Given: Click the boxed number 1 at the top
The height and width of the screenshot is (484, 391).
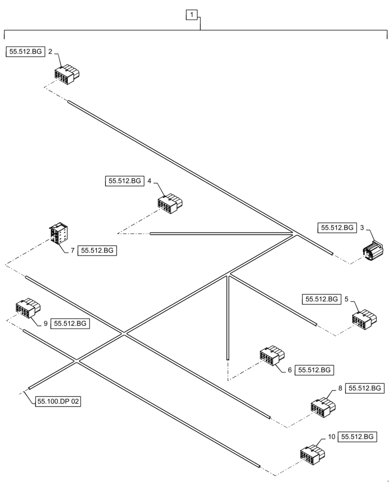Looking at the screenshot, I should coord(192,15).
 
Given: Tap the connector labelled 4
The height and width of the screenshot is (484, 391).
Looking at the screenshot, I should coord(169,203).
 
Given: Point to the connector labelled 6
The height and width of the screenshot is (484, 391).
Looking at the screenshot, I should coord(271,355).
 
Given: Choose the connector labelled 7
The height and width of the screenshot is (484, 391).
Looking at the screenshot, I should coord(59,235).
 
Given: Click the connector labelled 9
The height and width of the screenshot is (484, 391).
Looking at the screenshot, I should coord(28,308).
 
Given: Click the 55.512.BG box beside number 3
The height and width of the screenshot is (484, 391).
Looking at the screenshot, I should coord(337,227).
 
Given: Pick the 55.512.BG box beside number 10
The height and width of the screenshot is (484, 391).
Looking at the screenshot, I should coord(357,437).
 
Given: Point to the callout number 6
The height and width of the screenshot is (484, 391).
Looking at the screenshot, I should coord(289,370).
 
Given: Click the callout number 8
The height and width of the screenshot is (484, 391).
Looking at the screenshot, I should coord(340,388).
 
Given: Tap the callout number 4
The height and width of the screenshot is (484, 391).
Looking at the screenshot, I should coord(149,181).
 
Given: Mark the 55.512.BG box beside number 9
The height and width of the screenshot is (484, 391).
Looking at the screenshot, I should coord(70,323).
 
